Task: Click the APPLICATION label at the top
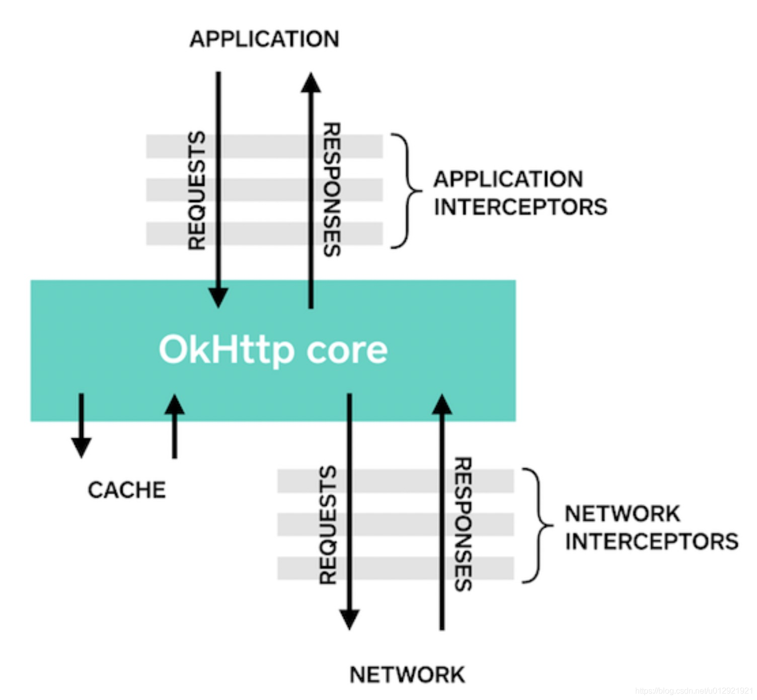264,39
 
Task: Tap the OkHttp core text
273,349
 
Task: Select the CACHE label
127,490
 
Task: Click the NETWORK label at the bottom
407,675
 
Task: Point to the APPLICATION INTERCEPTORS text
520,193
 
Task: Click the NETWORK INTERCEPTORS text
651,528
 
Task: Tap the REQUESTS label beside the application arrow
197,190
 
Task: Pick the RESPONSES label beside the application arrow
332,189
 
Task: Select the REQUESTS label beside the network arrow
328,525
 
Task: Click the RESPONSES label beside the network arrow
463,524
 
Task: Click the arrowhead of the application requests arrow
218,297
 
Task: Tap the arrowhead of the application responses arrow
311,83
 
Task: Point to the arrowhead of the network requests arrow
349,619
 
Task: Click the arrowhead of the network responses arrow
442,405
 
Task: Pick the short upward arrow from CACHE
175,426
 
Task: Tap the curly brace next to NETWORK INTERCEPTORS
538,526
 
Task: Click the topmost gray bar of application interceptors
264,147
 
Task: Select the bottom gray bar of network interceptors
395,568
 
